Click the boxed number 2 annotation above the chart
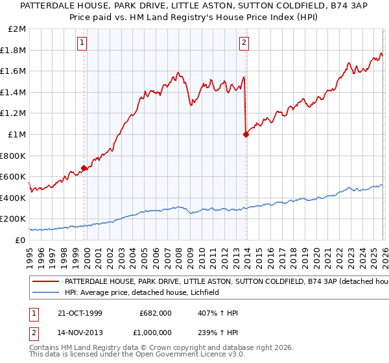click(x=244, y=43)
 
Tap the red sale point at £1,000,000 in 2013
click(x=246, y=134)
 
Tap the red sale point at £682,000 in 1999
click(x=84, y=168)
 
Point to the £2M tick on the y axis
click(x=18, y=29)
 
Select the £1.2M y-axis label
click(x=14, y=113)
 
